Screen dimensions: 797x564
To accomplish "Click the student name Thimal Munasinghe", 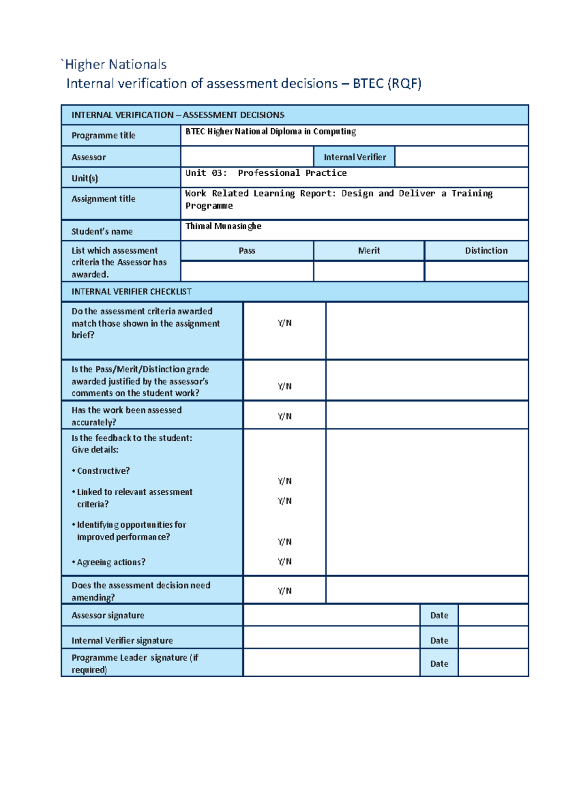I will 223,226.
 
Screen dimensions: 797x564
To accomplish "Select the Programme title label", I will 103,135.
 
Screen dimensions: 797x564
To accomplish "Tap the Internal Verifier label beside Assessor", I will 354,157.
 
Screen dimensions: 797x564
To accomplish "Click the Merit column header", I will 369,250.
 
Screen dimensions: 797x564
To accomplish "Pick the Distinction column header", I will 486,250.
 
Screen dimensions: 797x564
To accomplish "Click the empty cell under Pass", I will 247,272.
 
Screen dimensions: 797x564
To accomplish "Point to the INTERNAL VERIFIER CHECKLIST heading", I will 131,291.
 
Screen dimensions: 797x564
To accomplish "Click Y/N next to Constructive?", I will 284,481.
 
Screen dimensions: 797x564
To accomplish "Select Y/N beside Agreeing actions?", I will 284,561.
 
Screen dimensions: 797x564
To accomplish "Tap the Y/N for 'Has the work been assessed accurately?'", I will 284,416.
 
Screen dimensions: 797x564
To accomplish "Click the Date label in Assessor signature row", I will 439,615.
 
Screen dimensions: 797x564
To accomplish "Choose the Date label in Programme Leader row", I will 439,664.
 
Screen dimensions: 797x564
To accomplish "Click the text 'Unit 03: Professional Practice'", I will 266,173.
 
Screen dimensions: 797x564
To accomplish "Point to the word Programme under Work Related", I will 209,206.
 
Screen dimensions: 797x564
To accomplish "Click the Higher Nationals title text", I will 115,64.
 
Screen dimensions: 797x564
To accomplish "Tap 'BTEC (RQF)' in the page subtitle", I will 387,84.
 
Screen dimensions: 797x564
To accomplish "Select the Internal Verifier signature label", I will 122,641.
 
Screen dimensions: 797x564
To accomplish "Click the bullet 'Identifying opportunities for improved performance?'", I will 129,531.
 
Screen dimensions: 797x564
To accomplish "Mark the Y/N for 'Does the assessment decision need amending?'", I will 284,591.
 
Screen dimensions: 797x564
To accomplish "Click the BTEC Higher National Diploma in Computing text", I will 270,132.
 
